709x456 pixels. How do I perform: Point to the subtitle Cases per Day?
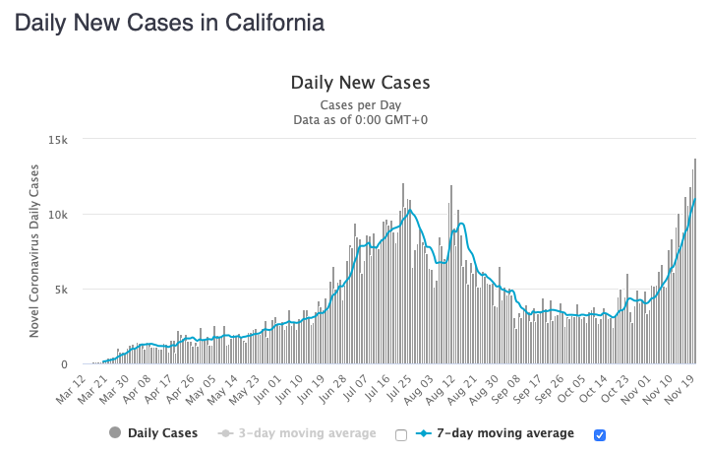(361, 104)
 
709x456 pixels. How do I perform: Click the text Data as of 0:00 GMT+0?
(361, 120)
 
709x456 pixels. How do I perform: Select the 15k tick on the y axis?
(57, 140)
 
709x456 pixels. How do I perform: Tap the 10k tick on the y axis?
(57, 215)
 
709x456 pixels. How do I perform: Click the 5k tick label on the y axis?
(60, 290)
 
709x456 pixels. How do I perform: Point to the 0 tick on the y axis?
(64, 364)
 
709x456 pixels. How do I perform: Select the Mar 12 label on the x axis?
(72, 390)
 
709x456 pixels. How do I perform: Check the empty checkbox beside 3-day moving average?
(400, 434)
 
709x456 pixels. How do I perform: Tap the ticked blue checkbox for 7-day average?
(601, 434)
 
